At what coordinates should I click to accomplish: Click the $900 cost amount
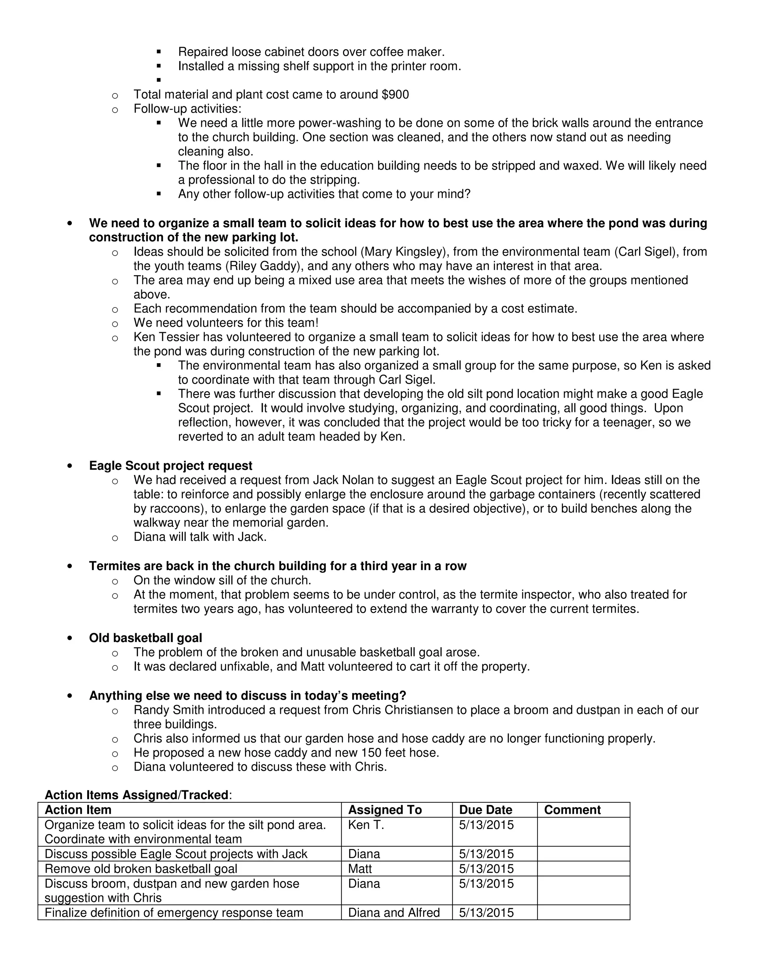click(395, 95)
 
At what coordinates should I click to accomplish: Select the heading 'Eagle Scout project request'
click(170, 466)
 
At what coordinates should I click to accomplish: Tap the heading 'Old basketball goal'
click(145, 638)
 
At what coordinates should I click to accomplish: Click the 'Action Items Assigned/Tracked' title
click(136, 795)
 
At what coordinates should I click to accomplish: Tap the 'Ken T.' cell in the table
click(366, 825)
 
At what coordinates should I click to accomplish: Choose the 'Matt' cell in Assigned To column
click(360, 869)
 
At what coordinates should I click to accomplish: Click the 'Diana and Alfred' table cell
click(394, 913)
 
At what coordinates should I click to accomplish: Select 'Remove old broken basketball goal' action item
click(141, 869)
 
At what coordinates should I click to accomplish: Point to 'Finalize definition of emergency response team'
click(174, 913)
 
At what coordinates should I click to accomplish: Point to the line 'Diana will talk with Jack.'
click(200, 537)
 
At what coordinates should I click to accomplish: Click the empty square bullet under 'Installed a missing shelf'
click(159, 81)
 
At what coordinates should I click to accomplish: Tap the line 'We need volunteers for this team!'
click(226, 323)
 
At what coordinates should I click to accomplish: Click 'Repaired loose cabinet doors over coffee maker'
click(311, 52)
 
